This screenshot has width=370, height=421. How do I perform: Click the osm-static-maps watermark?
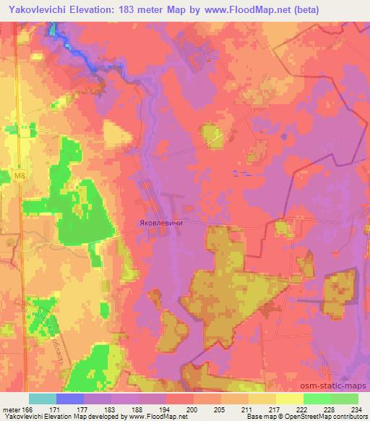point(333,383)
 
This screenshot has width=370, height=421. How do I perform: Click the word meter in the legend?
point(12,409)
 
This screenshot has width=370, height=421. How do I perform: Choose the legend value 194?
point(166,409)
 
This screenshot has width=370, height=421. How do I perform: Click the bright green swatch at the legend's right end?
point(344,399)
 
